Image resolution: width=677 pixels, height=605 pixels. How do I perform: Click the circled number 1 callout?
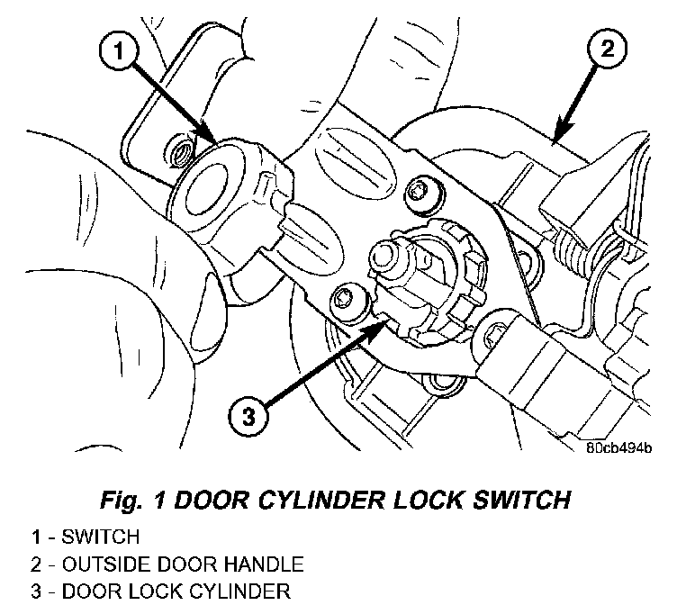pos(119,51)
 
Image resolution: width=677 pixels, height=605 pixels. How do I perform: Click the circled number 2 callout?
pos(607,48)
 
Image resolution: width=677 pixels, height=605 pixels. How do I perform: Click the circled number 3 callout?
pos(248,417)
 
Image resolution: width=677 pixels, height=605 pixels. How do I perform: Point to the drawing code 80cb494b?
pos(618,447)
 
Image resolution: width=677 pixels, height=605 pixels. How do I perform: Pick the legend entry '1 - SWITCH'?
pos(85,537)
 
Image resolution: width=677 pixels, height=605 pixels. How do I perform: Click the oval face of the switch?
pos(206,189)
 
